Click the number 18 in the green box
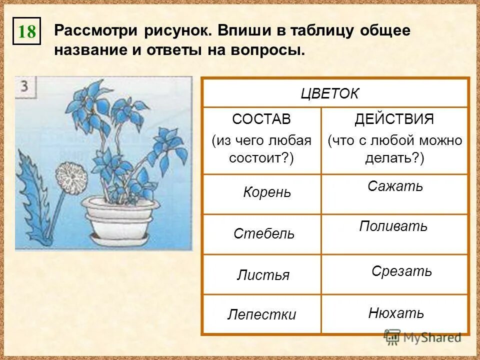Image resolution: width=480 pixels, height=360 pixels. pyautogui.click(x=27, y=32)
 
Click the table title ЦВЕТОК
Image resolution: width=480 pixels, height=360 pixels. pyautogui.click(x=330, y=94)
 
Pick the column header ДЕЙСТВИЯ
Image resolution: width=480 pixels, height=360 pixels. pyautogui.click(x=394, y=119)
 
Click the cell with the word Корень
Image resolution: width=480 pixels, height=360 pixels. pyautogui.click(x=266, y=192)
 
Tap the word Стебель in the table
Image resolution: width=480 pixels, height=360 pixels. pyautogui.click(x=264, y=233)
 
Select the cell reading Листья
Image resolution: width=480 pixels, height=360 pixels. pyautogui.click(x=263, y=274)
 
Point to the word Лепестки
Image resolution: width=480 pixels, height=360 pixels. pyautogui.click(x=261, y=314)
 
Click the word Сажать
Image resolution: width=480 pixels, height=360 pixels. pyautogui.click(x=395, y=186)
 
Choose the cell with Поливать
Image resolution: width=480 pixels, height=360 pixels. pyautogui.click(x=393, y=226)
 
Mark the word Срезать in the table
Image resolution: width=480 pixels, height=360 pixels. pyautogui.click(x=401, y=271)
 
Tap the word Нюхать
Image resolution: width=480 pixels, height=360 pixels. pyautogui.click(x=396, y=313)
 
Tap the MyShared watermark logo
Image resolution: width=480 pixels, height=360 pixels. pyautogui.click(x=422, y=337)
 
